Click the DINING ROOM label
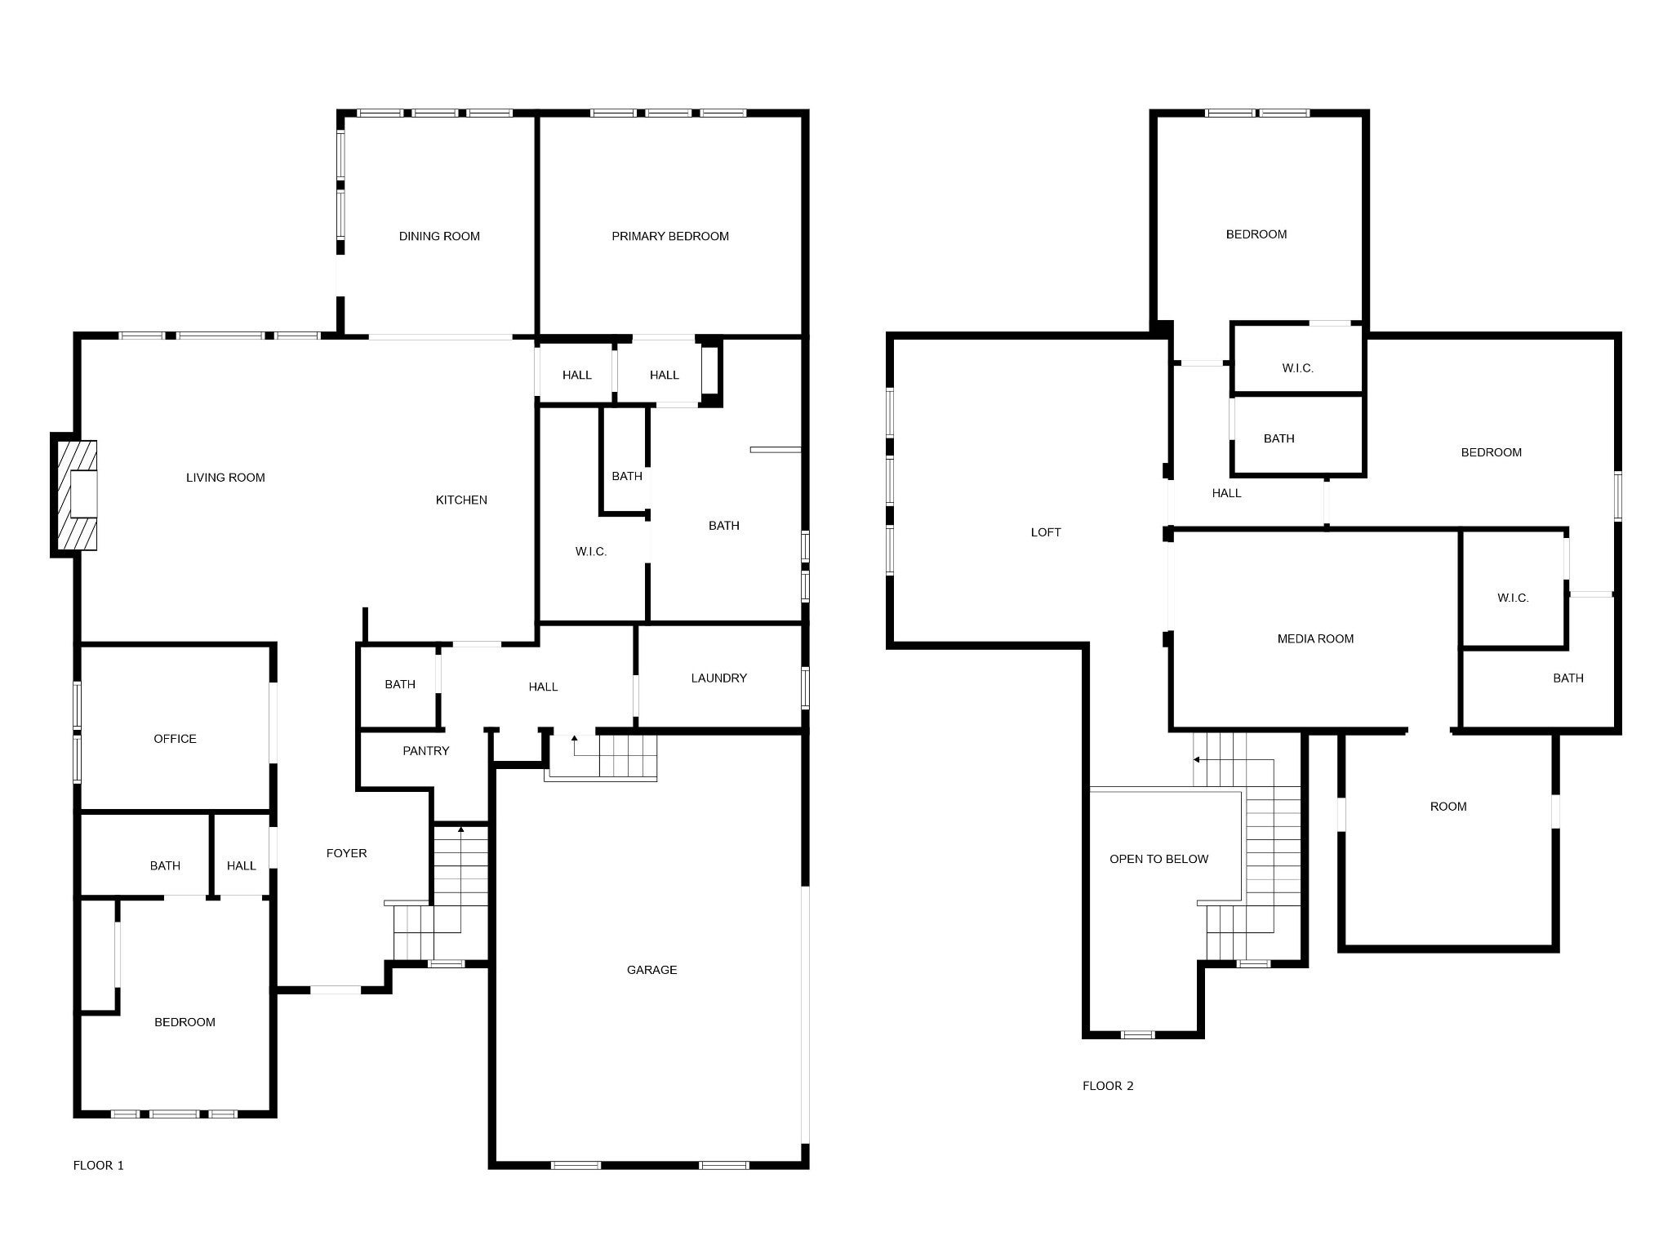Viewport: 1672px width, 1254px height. tap(439, 237)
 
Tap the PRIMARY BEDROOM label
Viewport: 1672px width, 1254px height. tap(670, 237)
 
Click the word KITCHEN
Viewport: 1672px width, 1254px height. tap(461, 500)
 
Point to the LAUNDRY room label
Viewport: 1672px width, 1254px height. tap(718, 678)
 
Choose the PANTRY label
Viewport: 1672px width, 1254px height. tap(426, 751)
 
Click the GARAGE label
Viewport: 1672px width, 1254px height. tap(651, 970)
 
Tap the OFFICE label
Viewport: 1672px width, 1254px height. tap(175, 739)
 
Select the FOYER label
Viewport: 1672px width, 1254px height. tap(346, 853)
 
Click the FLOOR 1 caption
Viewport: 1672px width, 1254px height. tap(99, 1166)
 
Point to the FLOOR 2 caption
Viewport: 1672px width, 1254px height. tap(1108, 1086)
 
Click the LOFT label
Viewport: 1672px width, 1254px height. tap(1046, 532)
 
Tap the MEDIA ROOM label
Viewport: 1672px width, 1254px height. tap(1315, 639)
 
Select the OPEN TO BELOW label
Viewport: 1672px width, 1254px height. tap(1158, 859)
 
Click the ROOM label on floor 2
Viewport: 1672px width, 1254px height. tap(1448, 807)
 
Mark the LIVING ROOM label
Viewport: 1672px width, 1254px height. tap(225, 478)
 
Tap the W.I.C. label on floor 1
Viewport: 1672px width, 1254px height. tap(590, 552)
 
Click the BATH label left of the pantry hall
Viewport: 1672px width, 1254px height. tap(400, 685)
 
